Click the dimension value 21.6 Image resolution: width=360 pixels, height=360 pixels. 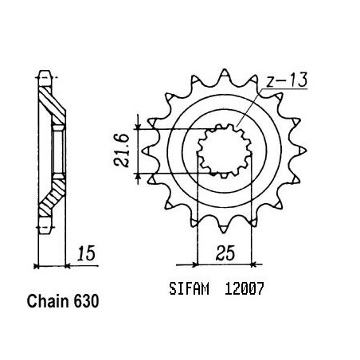pyautogui.click(x=122, y=151)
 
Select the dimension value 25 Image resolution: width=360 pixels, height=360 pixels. pyautogui.click(x=225, y=252)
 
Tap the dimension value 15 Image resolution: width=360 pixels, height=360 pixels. pyautogui.click(x=86, y=253)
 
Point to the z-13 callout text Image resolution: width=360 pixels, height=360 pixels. pyautogui.click(x=287, y=80)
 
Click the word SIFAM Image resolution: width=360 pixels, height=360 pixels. pyautogui.click(x=189, y=288)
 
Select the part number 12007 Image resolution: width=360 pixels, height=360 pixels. pyautogui.click(x=245, y=288)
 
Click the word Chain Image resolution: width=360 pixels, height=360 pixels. pyautogui.click(x=48, y=301)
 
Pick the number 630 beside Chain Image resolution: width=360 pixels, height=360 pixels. pyautogui.click(x=86, y=301)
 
